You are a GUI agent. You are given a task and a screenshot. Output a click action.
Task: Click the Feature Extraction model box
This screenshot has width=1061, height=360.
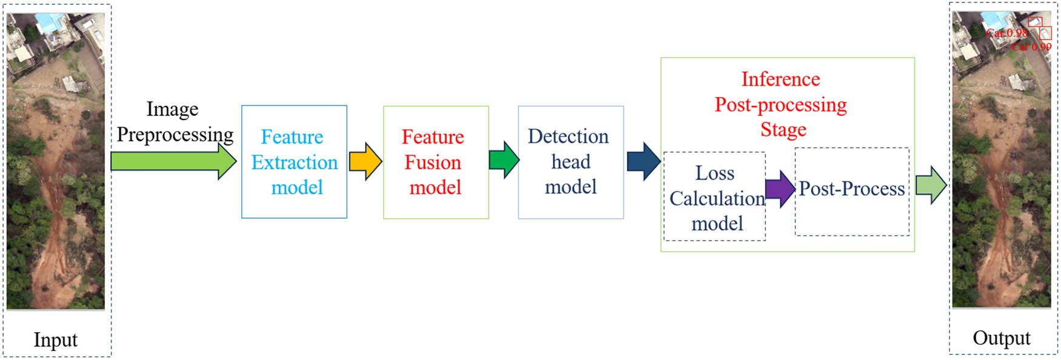tap(294, 162)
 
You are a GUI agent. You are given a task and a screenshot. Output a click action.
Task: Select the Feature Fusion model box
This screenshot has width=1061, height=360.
tap(435, 162)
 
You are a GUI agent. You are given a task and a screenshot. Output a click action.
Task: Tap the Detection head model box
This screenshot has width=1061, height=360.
tap(571, 162)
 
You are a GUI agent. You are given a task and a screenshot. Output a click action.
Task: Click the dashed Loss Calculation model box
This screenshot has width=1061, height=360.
tap(714, 198)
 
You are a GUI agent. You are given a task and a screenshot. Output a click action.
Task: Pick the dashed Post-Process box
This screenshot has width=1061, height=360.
tap(851, 192)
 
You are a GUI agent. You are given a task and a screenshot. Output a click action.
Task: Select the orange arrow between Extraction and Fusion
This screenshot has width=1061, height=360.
tap(365, 161)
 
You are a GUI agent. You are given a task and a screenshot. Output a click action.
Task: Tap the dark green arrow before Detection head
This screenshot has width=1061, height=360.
tap(503, 161)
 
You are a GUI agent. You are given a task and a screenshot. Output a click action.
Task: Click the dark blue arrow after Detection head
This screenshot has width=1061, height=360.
tap(643, 161)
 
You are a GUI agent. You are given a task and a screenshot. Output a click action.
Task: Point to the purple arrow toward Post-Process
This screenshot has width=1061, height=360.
tap(780, 189)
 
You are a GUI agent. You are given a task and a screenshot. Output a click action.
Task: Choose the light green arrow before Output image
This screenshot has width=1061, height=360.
tap(931, 185)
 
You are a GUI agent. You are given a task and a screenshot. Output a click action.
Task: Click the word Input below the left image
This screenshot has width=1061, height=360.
tap(55, 340)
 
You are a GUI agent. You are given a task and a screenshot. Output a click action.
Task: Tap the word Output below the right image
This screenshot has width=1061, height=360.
tap(1001, 338)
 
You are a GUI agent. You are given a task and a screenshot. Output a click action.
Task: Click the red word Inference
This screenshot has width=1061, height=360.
tap(780, 79)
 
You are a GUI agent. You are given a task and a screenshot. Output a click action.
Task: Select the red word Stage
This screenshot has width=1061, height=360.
tap(783, 130)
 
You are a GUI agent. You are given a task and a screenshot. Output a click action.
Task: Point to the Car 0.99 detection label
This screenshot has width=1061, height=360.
tap(1031, 47)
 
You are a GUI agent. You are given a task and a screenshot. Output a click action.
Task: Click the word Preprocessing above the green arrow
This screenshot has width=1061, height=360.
tap(175, 135)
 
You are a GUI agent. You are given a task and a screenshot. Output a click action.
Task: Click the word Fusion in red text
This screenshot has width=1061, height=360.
tap(432, 162)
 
